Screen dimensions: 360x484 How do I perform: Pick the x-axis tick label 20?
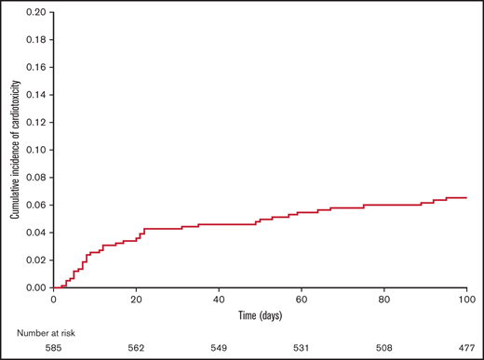click(x=136, y=300)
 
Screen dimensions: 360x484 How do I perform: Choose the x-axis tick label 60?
click(x=302, y=300)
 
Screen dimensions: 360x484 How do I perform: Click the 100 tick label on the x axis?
click(x=465, y=300)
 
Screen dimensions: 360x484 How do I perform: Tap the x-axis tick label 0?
click(x=53, y=300)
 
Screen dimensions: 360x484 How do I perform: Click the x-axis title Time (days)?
click(x=260, y=314)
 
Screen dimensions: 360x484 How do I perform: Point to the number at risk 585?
click(x=53, y=348)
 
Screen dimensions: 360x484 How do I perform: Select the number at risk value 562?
click(x=136, y=348)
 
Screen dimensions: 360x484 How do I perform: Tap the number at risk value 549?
click(x=219, y=348)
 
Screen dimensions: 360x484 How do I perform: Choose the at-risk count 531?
click(x=302, y=348)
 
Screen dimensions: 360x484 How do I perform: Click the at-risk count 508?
click(x=383, y=348)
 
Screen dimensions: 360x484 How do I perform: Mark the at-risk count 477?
click(x=465, y=348)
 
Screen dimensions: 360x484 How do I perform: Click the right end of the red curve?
click(x=466, y=197)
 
